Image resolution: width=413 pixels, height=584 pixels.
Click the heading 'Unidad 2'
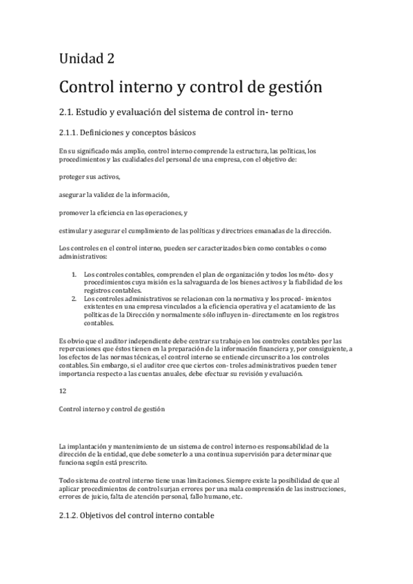click(x=86, y=59)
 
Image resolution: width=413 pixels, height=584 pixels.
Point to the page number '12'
click(x=63, y=390)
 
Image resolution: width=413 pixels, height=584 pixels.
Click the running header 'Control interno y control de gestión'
click(x=112, y=408)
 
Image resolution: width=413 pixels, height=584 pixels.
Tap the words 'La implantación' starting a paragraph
click(x=81, y=446)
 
